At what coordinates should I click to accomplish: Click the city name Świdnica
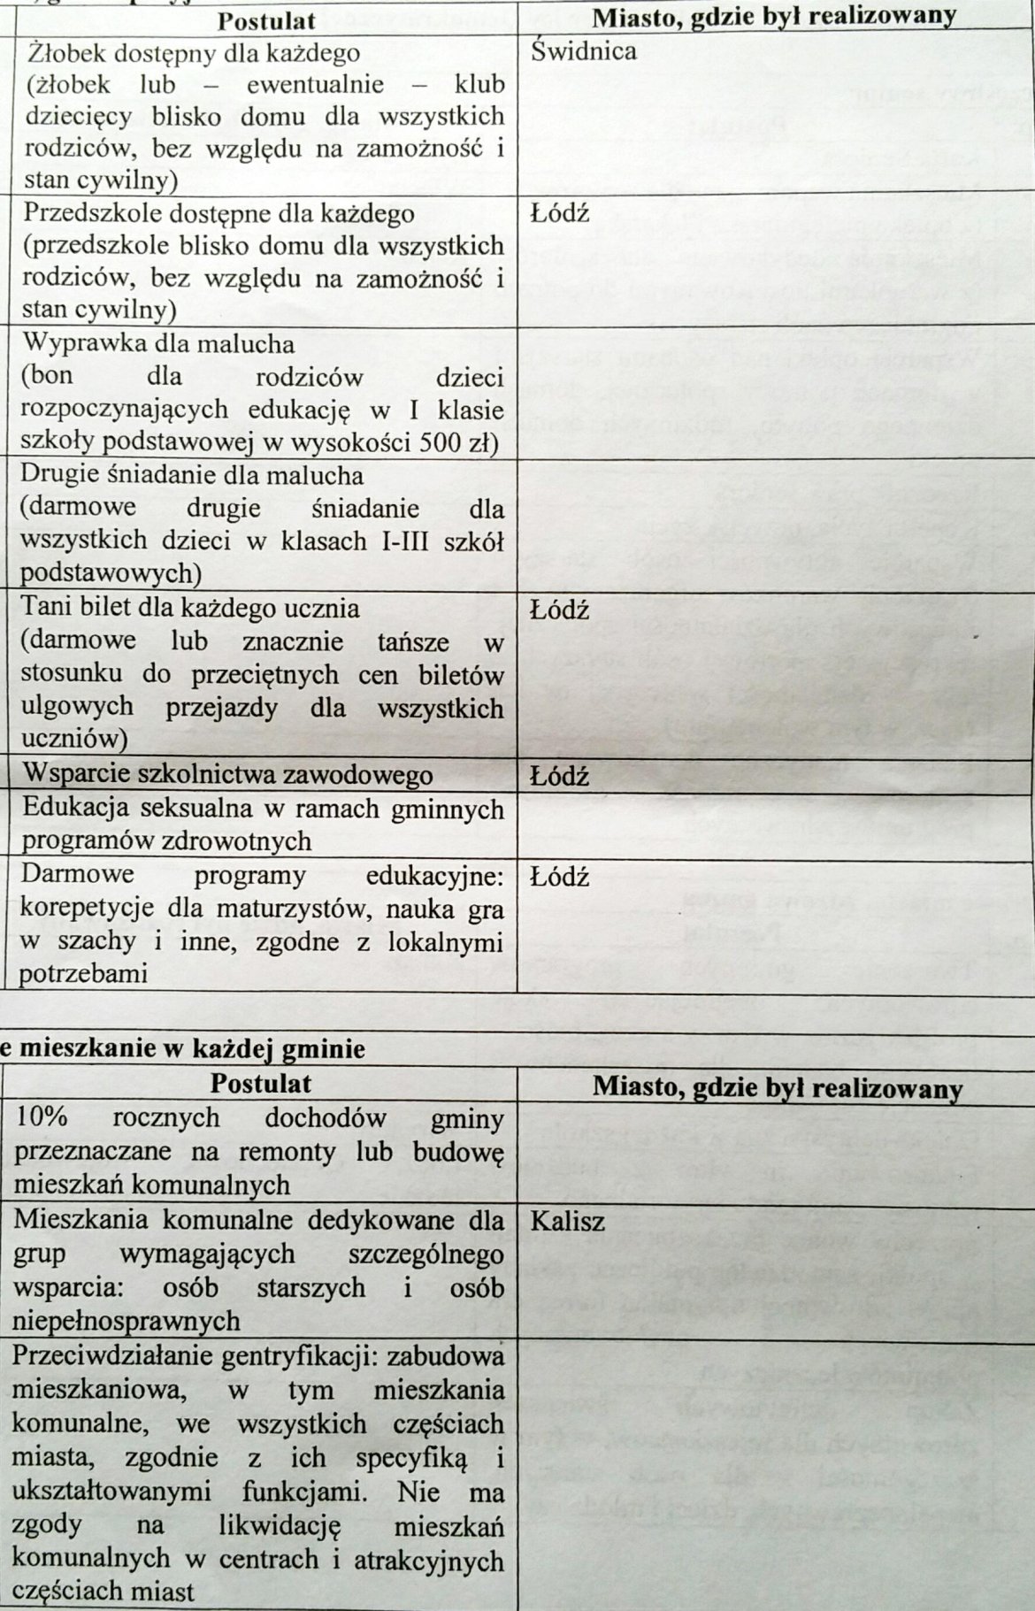584,51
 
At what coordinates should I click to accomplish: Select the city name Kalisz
568,1222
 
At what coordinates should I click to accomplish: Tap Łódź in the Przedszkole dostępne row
559,214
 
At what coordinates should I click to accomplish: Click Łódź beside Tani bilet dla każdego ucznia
559,610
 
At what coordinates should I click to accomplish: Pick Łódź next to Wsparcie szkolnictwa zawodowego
559,777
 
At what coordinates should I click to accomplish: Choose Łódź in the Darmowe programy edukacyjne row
559,878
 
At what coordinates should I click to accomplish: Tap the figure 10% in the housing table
41,1117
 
